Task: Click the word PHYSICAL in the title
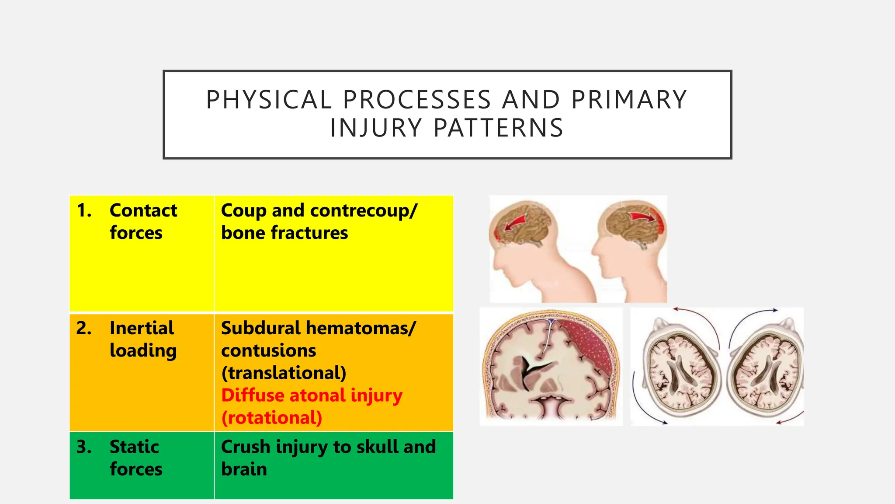(x=269, y=100)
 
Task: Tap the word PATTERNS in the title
(x=498, y=128)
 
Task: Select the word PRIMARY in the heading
(x=629, y=100)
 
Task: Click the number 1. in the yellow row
(x=84, y=210)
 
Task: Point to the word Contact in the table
(x=143, y=210)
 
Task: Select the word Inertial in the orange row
(x=142, y=328)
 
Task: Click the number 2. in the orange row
(x=84, y=328)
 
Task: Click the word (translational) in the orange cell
(x=284, y=373)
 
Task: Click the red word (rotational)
(x=271, y=418)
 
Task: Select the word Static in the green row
(x=134, y=447)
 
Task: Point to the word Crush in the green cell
(x=246, y=447)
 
